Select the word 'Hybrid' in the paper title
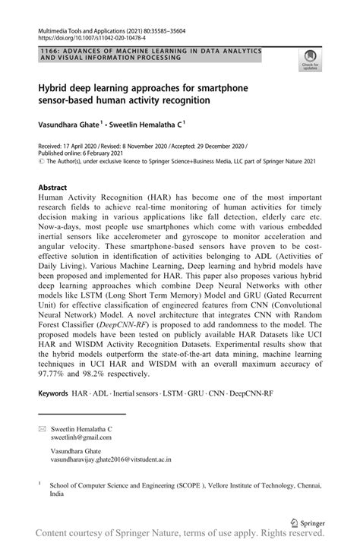coord(55,87)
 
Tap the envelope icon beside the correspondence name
coord(42,429)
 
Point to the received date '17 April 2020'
coord(84,144)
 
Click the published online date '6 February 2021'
coord(106,152)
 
